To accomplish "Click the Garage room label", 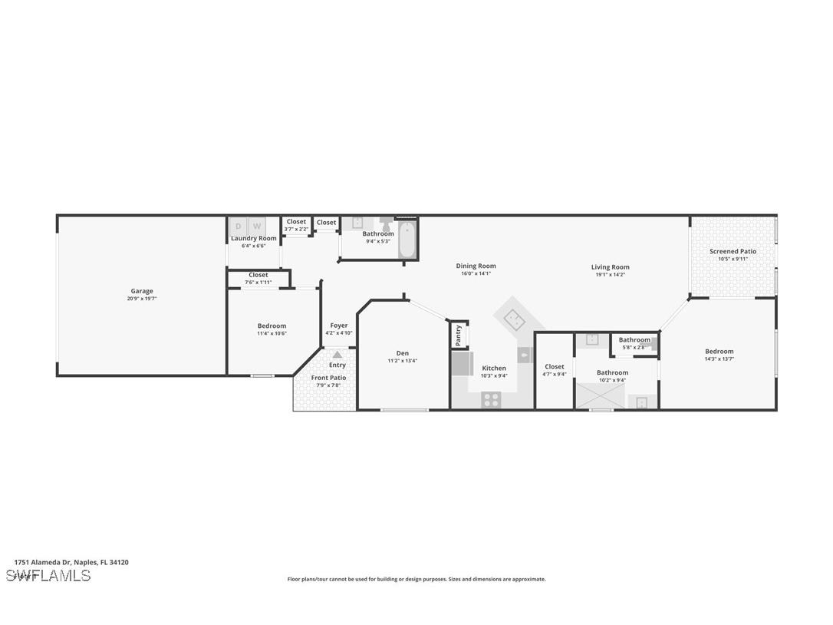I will [141, 291].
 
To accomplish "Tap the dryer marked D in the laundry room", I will [238, 226].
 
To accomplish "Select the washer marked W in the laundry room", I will [257, 226].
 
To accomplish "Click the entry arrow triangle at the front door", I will [337, 355].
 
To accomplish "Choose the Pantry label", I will [458, 335].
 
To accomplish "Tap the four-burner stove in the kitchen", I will [491, 399].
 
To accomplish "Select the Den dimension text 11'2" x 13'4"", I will [402, 361].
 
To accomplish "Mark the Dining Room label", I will [476, 266].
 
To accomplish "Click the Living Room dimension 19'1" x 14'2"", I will [610, 274].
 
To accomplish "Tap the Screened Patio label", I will [733, 251].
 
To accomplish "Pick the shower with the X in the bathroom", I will [601, 396].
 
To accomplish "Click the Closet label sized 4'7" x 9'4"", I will [554, 366].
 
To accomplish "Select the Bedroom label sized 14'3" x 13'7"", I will [719, 352].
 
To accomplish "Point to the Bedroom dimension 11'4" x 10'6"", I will [272, 333].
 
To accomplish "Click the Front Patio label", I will [328, 378].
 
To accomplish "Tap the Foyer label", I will [338, 326].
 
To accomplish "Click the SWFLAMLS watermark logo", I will [48, 575].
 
